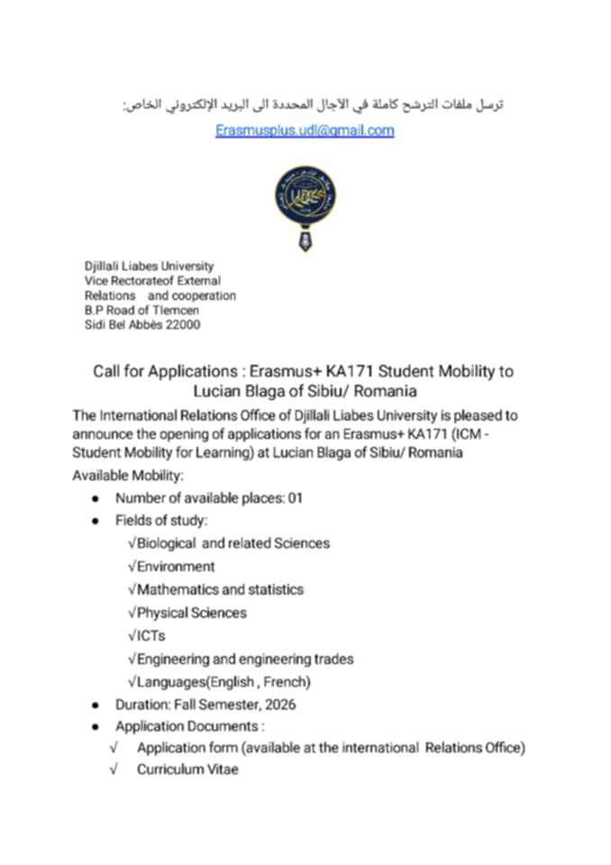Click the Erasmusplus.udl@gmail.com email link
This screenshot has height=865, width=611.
(x=305, y=131)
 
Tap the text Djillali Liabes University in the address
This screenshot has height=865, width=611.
(x=149, y=266)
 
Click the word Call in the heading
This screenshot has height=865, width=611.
(x=110, y=371)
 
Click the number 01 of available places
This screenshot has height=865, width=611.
(x=295, y=498)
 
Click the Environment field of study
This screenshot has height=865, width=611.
(x=176, y=567)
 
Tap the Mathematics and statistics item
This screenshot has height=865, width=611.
(x=220, y=589)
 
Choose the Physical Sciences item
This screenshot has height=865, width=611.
(x=191, y=613)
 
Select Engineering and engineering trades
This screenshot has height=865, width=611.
(x=244, y=659)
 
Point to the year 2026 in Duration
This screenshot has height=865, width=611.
(x=279, y=705)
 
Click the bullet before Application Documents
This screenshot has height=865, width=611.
(x=96, y=727)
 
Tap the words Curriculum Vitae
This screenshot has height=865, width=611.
(x=187, y=769)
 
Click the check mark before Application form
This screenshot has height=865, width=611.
(x=114, y=747)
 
